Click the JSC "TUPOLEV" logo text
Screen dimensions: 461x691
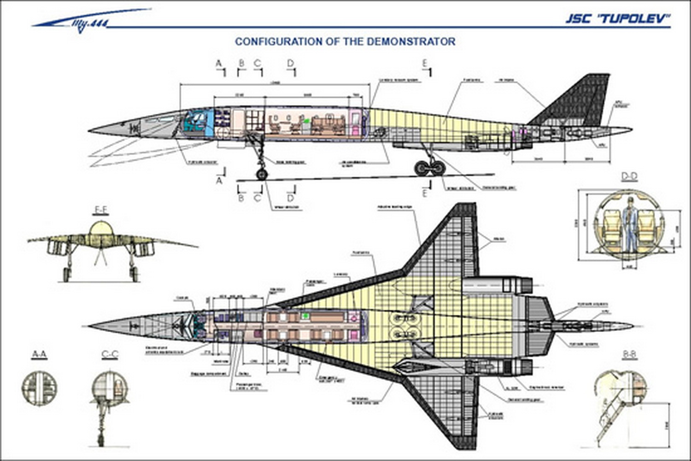pyautogui.click(x=618, y=18)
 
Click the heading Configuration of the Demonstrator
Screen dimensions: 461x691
pyautogui.click(x=345, y=41)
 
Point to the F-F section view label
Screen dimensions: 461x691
pyautogui.click(x=101, y=210)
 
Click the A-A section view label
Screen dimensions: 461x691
pyautogui.click(x=39, y=354)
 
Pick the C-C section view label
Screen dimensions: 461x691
pyautogui.click(x=110, y=354)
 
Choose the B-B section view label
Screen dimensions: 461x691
pyautogui.click(x=629, y=354)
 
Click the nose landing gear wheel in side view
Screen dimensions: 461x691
pyautogui.click(x=262, y=174)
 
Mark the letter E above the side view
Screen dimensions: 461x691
pyautogui.click(x=425, y=63)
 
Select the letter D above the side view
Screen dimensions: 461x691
pyautogui.click(x=290, y=63)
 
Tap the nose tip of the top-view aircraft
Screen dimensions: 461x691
pyautogui.click(x=90, y=326)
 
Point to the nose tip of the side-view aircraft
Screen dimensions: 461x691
pyautogui.click(x=90, y=129)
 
